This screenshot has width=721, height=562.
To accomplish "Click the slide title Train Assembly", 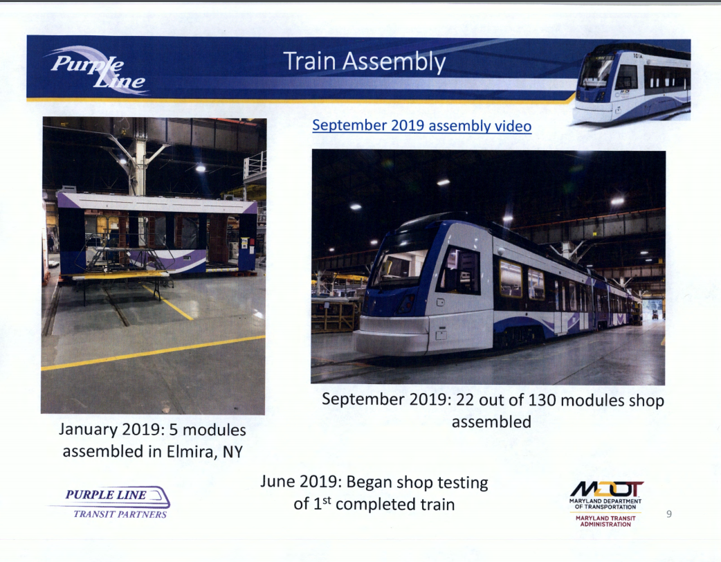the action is coord(364,62).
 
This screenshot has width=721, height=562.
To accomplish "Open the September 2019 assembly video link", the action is coord(421,125).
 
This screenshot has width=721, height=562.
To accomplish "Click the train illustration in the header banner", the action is coord(632,83).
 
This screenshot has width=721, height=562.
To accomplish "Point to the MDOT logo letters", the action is coord(607,489).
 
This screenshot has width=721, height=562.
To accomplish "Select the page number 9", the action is coord(669,514).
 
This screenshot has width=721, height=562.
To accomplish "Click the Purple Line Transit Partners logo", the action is coord(110,502).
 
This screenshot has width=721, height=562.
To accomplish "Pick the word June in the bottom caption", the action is coord(277,482).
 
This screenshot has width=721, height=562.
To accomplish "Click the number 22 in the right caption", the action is coord(465,399).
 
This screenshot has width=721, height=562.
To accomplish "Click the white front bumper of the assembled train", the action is coord(391,336).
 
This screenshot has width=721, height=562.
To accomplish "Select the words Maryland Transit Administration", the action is coord(605,521).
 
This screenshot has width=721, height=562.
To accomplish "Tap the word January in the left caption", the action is coord(88,430).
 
